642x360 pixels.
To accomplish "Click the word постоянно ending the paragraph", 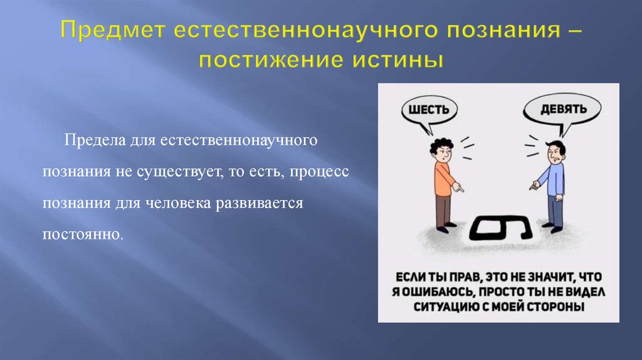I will point(83,236).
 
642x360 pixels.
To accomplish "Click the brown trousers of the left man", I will point(444,211).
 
